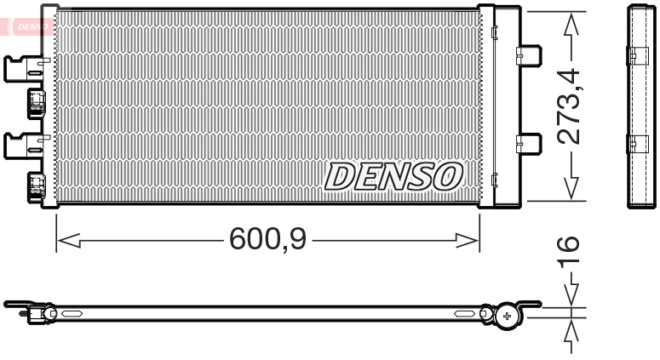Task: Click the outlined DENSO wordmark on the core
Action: click(393, 176)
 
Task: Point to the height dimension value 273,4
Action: click(570, 106)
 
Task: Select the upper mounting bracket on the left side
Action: click(22, 68)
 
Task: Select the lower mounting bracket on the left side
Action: click(22, 146)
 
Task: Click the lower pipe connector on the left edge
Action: click(37, 185)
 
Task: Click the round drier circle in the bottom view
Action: click(508, 316)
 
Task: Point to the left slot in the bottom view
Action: click(70, 313)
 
